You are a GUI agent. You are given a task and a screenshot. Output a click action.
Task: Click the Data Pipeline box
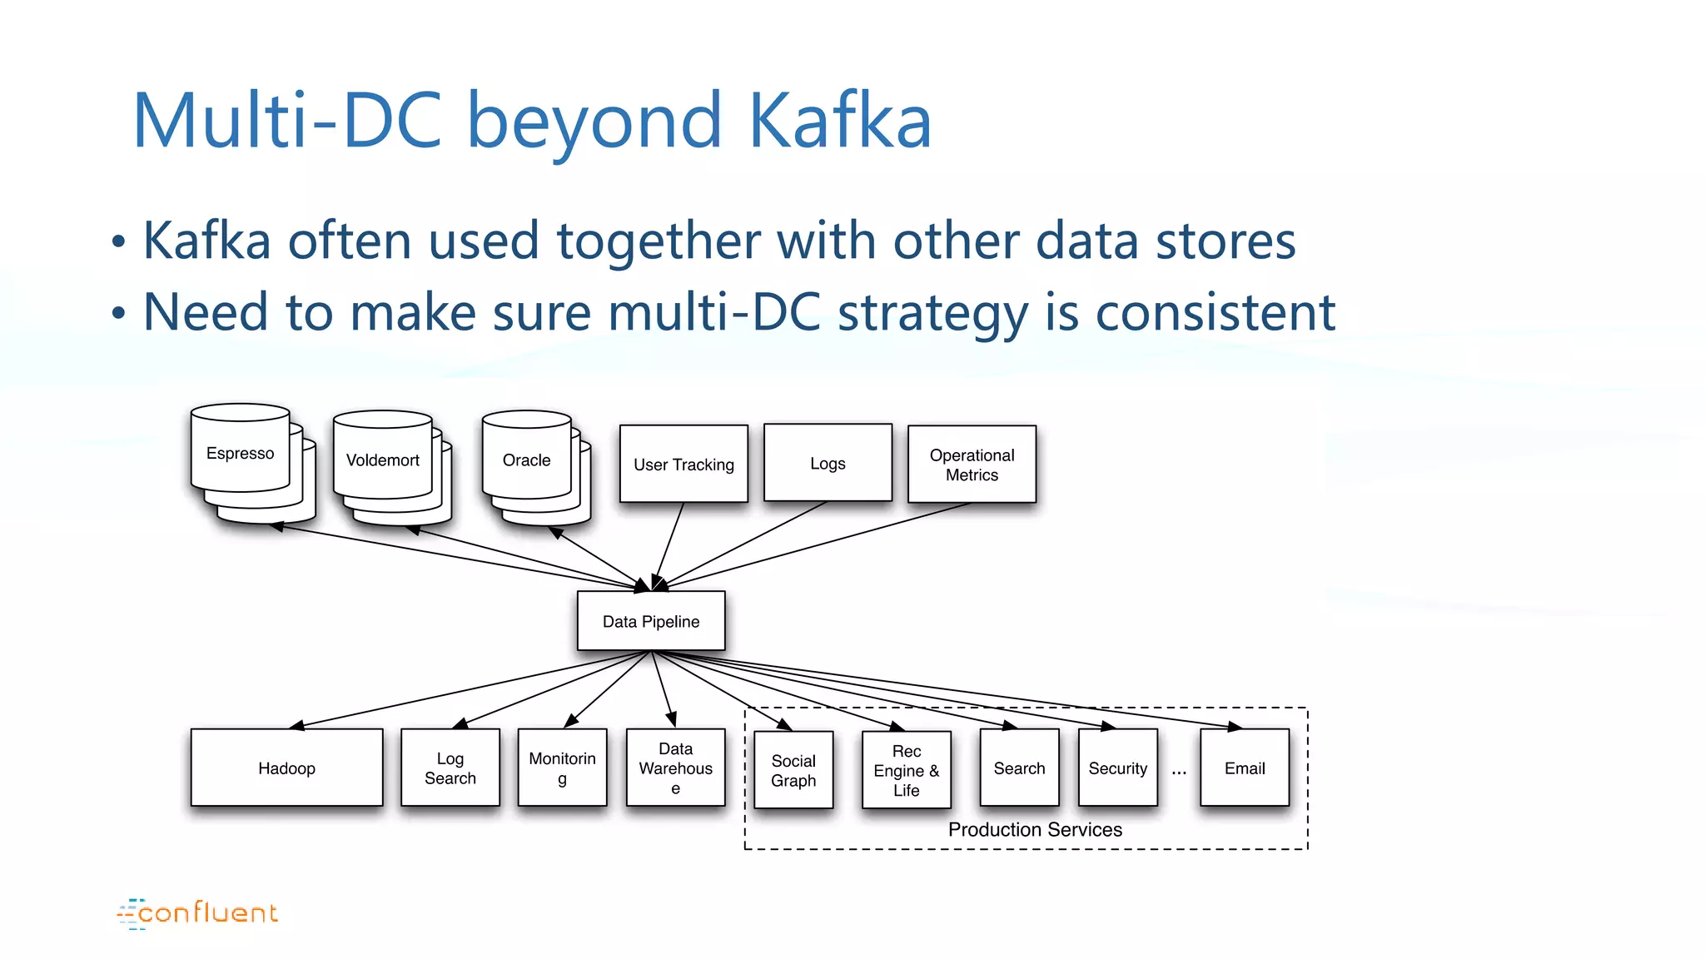tap(651, 621)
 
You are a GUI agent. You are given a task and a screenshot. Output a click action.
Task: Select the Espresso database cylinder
tap(241, 454)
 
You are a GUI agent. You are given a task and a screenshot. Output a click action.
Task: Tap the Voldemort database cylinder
tap(383, 460)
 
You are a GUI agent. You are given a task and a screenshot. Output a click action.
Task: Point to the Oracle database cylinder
tap(526, 460)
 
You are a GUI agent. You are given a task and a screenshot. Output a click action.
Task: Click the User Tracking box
tap(683, 465)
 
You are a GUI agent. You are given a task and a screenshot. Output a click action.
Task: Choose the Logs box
tap(828, 463)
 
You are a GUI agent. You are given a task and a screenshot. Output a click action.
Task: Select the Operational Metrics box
tap(972, 465)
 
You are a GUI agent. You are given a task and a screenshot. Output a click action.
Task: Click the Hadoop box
tap(286, 768)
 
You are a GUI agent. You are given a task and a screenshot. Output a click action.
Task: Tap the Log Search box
tap(450, 768)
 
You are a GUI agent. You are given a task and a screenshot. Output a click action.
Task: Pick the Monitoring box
tap(562, 768)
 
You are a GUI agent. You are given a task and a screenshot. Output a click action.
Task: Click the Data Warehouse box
tap(675, 768)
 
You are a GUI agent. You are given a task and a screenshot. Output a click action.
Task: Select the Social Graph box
tap(793, 770)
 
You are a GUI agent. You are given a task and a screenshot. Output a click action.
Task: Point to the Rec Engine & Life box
tap(906, 770)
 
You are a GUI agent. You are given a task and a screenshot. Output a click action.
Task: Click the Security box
tap(1117, 768)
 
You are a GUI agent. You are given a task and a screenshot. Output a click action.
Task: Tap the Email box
tap(1245, 768)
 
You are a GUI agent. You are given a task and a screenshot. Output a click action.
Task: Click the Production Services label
tap(1035, 829)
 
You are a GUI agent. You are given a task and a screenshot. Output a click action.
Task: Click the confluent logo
tap(197, 913)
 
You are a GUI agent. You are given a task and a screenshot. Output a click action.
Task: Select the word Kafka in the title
tap(839, 121)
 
